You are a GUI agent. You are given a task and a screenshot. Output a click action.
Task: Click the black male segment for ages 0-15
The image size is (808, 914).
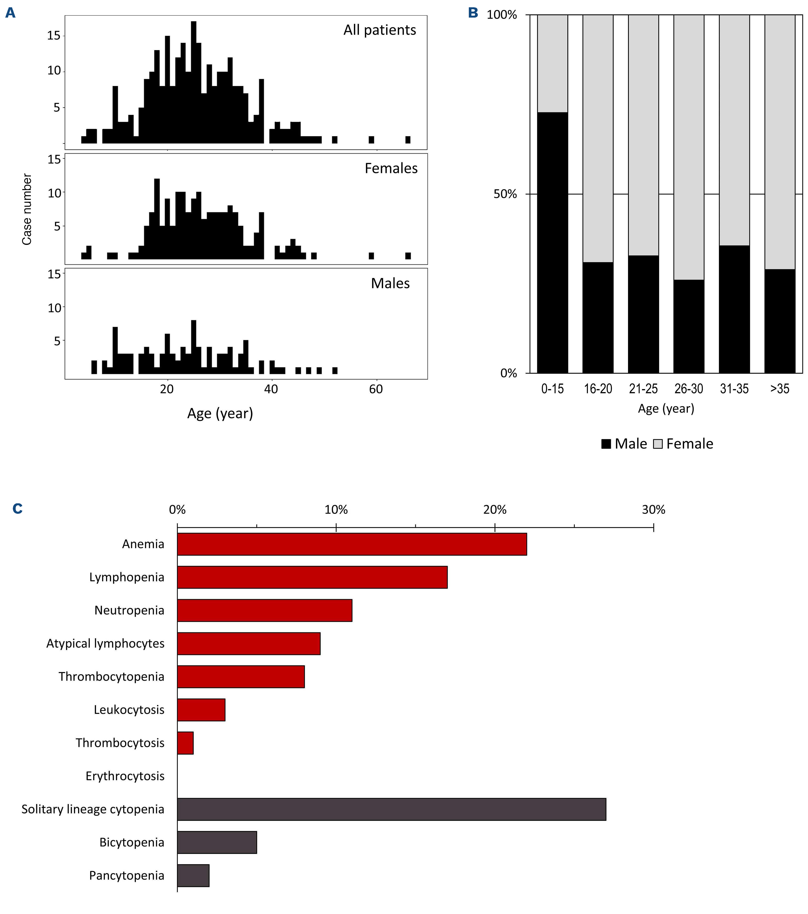point(552,242)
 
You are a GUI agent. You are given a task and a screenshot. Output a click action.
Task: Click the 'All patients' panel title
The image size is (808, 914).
point(379,30)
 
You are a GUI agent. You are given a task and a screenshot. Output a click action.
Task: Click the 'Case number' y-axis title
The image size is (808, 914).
point(27,209)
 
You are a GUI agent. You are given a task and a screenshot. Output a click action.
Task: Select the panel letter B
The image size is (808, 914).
point(473,13)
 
